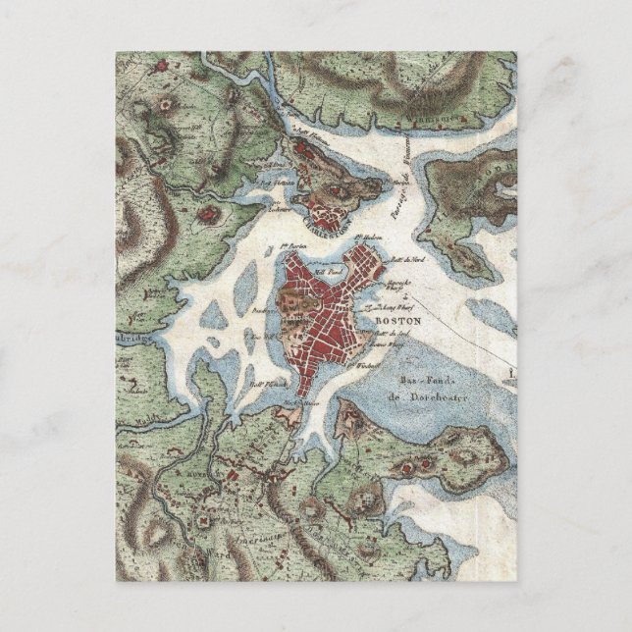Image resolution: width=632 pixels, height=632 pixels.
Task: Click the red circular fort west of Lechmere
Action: click(210, 211)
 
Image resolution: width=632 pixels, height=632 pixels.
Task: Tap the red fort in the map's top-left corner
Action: click(158, 66)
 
